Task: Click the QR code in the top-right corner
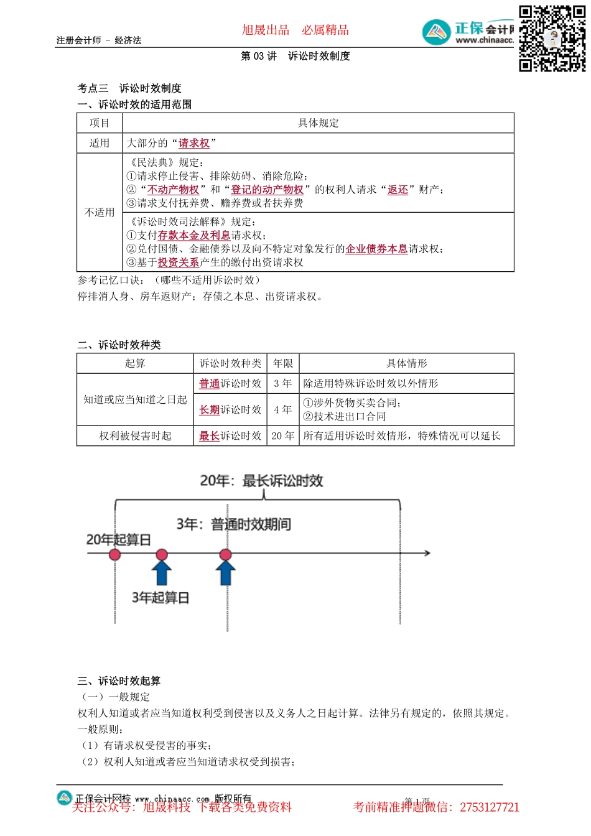(552, 39)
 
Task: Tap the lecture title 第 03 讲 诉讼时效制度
(295, 56)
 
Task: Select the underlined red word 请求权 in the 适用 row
(194, 144)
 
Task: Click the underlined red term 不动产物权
(173, 190)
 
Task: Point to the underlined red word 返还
(398, 190)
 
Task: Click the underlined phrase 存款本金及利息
(194, 236)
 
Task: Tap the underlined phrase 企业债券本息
(376, 249)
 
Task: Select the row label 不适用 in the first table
(100, 213)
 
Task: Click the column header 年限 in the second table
(283, 364)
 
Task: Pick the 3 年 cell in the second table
(283, 384)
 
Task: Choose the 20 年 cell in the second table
(283, 436)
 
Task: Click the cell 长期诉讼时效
(230, 410)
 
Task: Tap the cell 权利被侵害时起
(135, 436)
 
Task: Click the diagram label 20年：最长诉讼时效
(261, 481)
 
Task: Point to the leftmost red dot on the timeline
(115, 554)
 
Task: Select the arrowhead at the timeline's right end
(427, 553)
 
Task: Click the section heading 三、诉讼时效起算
(119, 681)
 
